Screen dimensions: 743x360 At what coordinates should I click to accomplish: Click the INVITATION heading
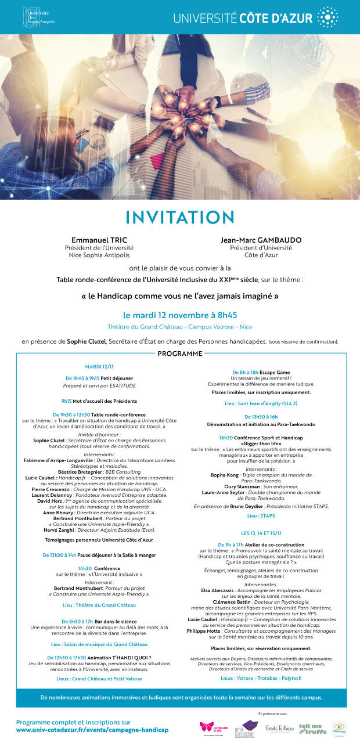click(179, 217)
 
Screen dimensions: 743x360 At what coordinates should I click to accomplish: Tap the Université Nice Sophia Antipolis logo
click(38, 17)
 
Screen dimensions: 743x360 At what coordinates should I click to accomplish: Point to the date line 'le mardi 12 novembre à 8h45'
click(180, 315)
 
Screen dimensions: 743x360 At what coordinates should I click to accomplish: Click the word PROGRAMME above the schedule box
click(180, 354)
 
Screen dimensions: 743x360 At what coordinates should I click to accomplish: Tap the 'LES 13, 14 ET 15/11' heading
click(261, 533)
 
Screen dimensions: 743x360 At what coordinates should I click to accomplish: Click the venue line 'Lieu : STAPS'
click(261, 515)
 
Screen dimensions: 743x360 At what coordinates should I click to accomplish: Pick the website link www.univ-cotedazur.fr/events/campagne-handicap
click(92, 729)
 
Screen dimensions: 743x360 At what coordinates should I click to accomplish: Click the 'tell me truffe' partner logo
click(312, 728)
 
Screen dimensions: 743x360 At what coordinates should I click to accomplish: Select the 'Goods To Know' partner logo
click(279, 728)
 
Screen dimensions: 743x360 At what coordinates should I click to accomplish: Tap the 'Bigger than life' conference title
click(261, 443)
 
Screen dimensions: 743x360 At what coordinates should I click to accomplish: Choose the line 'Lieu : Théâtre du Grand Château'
click(99, 605)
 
